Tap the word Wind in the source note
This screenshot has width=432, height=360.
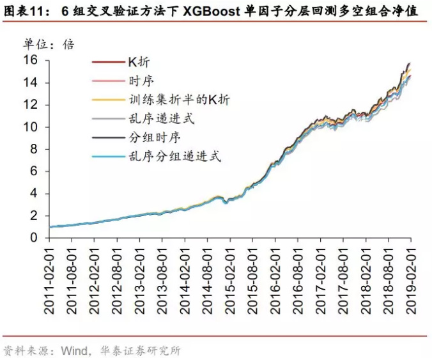click(75, 350)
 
